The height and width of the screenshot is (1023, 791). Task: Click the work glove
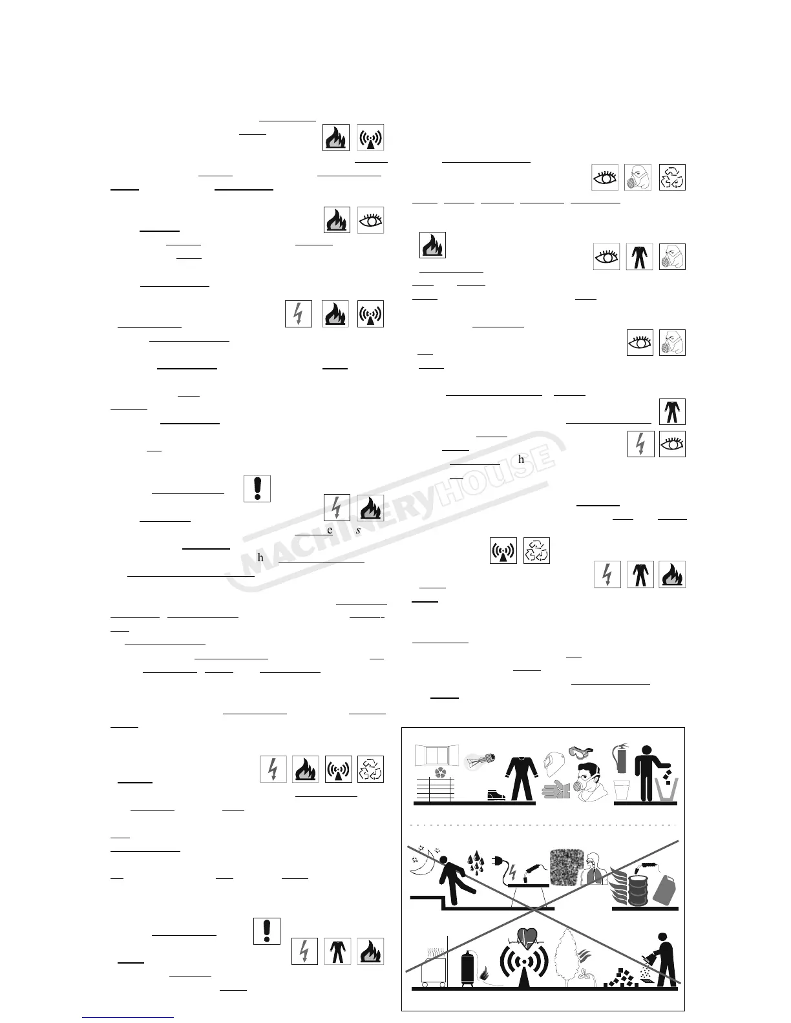tap(557, 789)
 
